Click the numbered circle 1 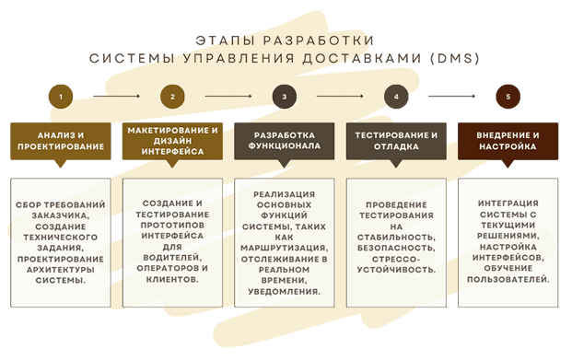click(61, 96)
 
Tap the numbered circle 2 click(172, 96)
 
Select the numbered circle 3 click(285, 96)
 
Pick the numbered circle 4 click(396, 96)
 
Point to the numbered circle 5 click(508, 96)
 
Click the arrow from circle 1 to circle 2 click(116, 96)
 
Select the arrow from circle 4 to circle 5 click(452, 96)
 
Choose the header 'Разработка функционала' click(285, 139)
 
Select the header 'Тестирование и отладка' click(396, 139)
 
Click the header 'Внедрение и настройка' click(508, 139)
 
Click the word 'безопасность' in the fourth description click(397, 248)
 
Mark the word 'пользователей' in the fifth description click(508, 277)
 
